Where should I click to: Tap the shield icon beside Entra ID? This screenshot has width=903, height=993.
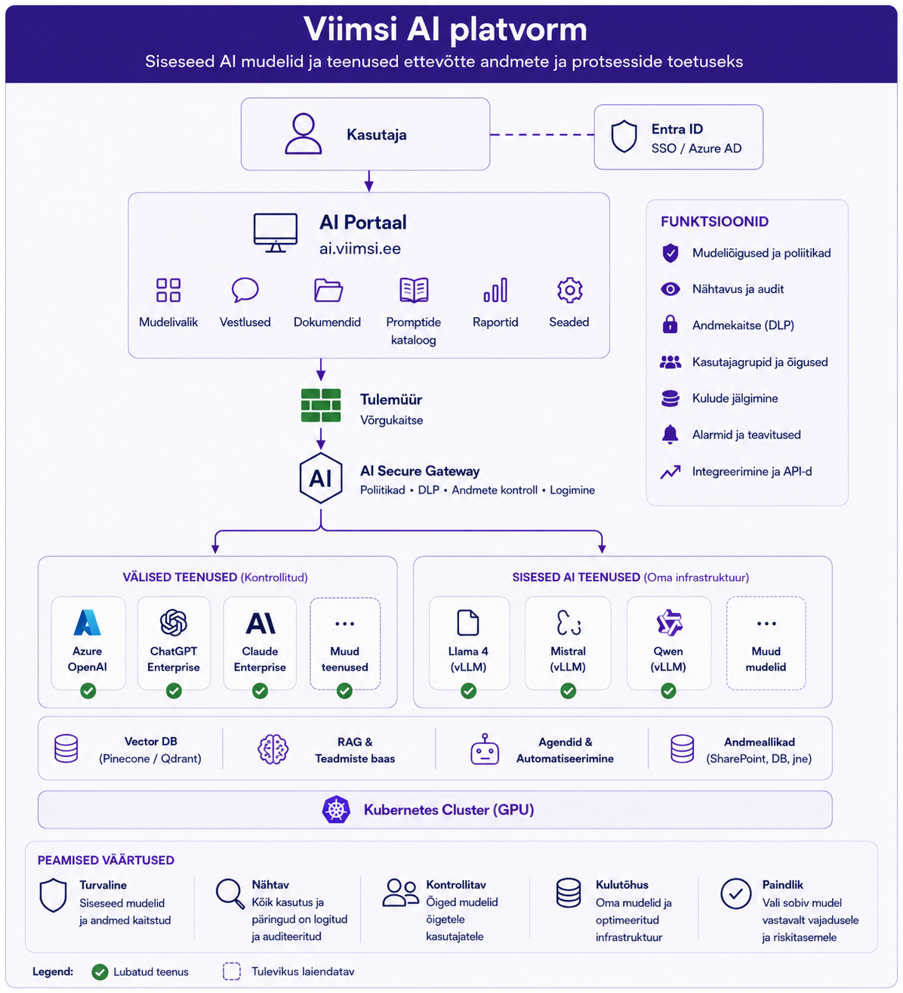[x=624, y=136]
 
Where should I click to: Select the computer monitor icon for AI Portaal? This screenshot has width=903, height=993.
[x=276, y=233]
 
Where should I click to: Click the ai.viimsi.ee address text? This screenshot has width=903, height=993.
[x=360, y=248]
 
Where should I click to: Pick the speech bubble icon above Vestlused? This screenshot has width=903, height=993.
[x=245, y=289]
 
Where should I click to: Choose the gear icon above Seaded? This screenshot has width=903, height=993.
[x=569, y=289]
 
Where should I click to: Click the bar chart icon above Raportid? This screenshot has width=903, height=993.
[x=495, y=289]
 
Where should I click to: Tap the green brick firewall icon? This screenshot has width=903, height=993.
[x=321, y=405]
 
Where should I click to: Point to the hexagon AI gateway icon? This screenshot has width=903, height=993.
[x=321, y=478]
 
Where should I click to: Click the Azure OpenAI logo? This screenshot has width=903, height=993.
[x=87, y=622]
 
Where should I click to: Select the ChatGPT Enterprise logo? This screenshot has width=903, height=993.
[x=173, y=622]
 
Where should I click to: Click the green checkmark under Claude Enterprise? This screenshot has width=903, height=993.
[x=260, y=690]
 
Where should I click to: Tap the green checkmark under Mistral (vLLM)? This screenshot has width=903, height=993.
[x=568, y=690]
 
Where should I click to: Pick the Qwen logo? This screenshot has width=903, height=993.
[x=669, y=622]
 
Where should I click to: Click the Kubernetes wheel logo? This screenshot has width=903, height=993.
[x=336, y=810]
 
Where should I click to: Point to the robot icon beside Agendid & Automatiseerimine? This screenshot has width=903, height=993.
[x=485, y=749]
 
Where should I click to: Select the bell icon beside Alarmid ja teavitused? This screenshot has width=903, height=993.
[x=670, y=434]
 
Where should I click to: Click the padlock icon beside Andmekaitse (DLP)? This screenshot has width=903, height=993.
[x=670, y=324]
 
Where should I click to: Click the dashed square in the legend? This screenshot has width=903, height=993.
[x=232, y=971]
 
